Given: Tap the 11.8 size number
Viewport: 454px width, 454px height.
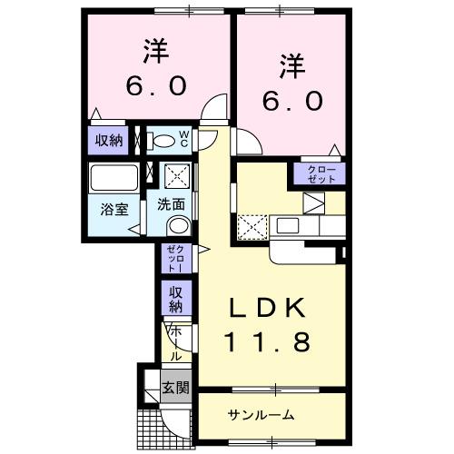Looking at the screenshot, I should click(270, 342).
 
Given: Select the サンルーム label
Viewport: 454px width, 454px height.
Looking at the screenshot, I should click(261, 415).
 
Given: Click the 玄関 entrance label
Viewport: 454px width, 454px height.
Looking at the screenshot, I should click(175, 389).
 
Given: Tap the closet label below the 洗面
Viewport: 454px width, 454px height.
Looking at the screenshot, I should click(174, 259).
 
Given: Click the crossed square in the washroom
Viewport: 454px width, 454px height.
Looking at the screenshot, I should click(175, 174).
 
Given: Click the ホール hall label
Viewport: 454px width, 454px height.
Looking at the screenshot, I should click(175, 344).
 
